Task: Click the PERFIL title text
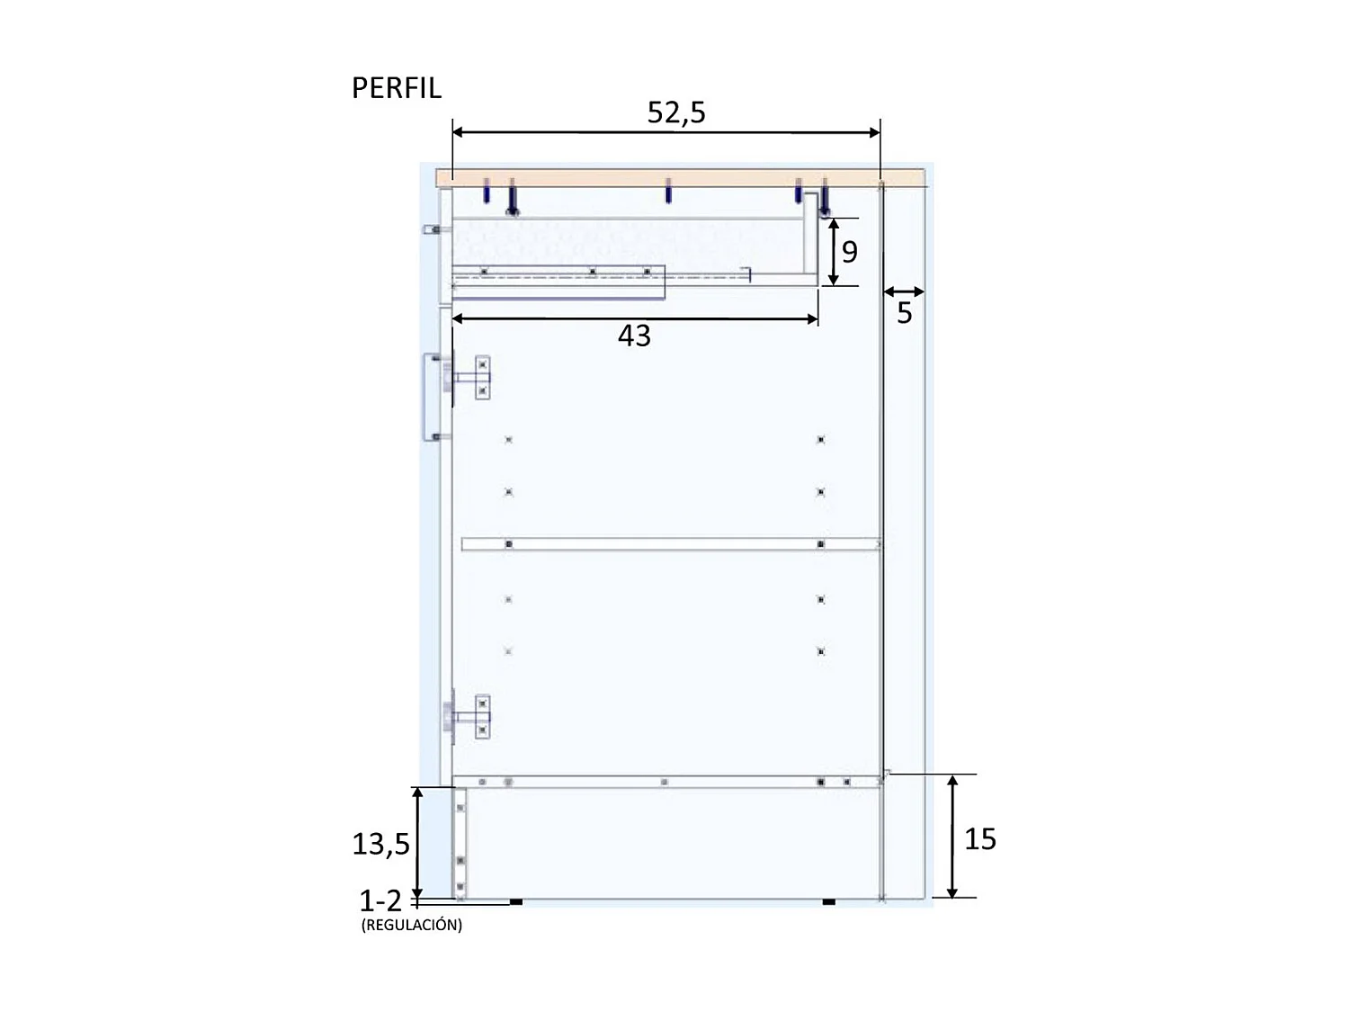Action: [x=397, y=88]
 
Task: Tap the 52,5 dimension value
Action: [x=676, y=112]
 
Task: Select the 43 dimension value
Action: [x=634, y=336]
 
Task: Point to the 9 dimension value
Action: [x=849, y=252]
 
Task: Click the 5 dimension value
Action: [x=904, y=313]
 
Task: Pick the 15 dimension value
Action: [x=979, y=839]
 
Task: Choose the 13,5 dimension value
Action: [x=380, y=845]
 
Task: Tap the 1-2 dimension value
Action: [x=380, y=900]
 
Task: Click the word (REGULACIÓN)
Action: [x=411, y=925]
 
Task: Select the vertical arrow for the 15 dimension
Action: [x=952, y=837]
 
